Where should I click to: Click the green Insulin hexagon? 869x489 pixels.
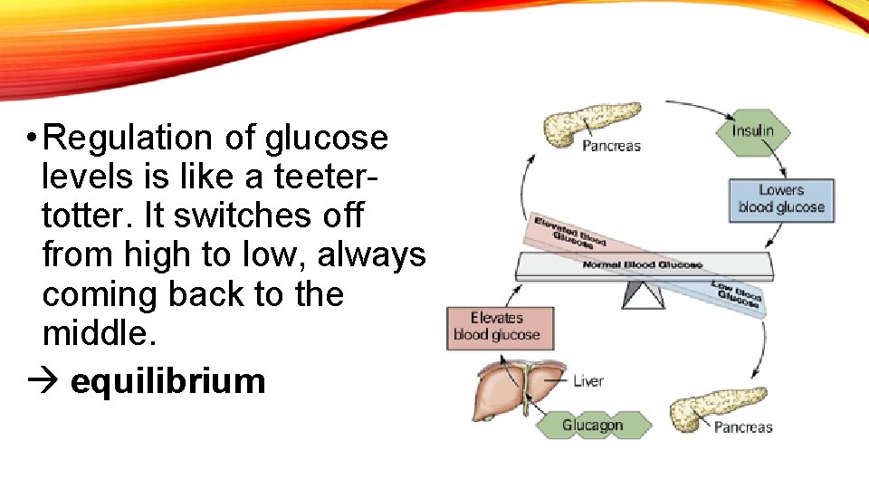pos(752,131)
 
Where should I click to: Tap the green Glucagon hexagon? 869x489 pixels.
pos(593,425)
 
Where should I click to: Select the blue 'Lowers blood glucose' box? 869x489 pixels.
pos(780,199)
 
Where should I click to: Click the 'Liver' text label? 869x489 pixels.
pos(588,381)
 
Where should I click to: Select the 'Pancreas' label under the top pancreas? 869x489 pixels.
pos(611,146)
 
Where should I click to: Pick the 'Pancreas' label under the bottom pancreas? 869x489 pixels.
pos(743,427)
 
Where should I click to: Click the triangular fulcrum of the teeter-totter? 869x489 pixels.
pos(644,295)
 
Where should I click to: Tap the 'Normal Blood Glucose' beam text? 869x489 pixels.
pos(642,265)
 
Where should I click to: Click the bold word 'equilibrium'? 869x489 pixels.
pos(167,381)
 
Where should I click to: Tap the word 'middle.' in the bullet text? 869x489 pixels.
pos(100,334)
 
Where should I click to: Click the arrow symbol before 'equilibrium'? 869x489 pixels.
pos(43,381)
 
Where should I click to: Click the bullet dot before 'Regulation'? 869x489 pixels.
pos(31,139)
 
